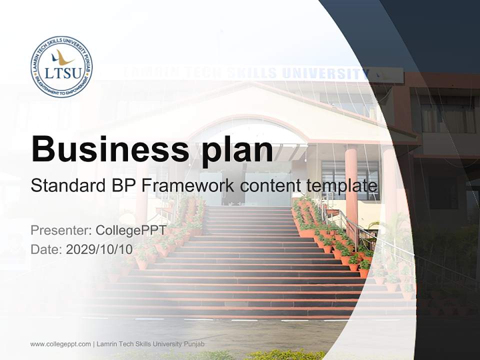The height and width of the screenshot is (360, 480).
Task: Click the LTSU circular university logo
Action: [x=61, y=66]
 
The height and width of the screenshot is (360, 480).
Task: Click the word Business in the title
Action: [x=106, y=148]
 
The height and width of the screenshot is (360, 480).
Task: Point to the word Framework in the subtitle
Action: [x=187, y=186]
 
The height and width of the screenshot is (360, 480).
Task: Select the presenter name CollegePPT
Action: [x=130, y=230]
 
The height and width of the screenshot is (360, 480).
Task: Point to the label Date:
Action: [x=46, y=249]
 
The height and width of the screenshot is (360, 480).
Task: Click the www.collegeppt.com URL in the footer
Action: [x=60, y=344]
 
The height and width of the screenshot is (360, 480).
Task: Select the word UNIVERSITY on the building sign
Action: [x=324, y=73]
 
